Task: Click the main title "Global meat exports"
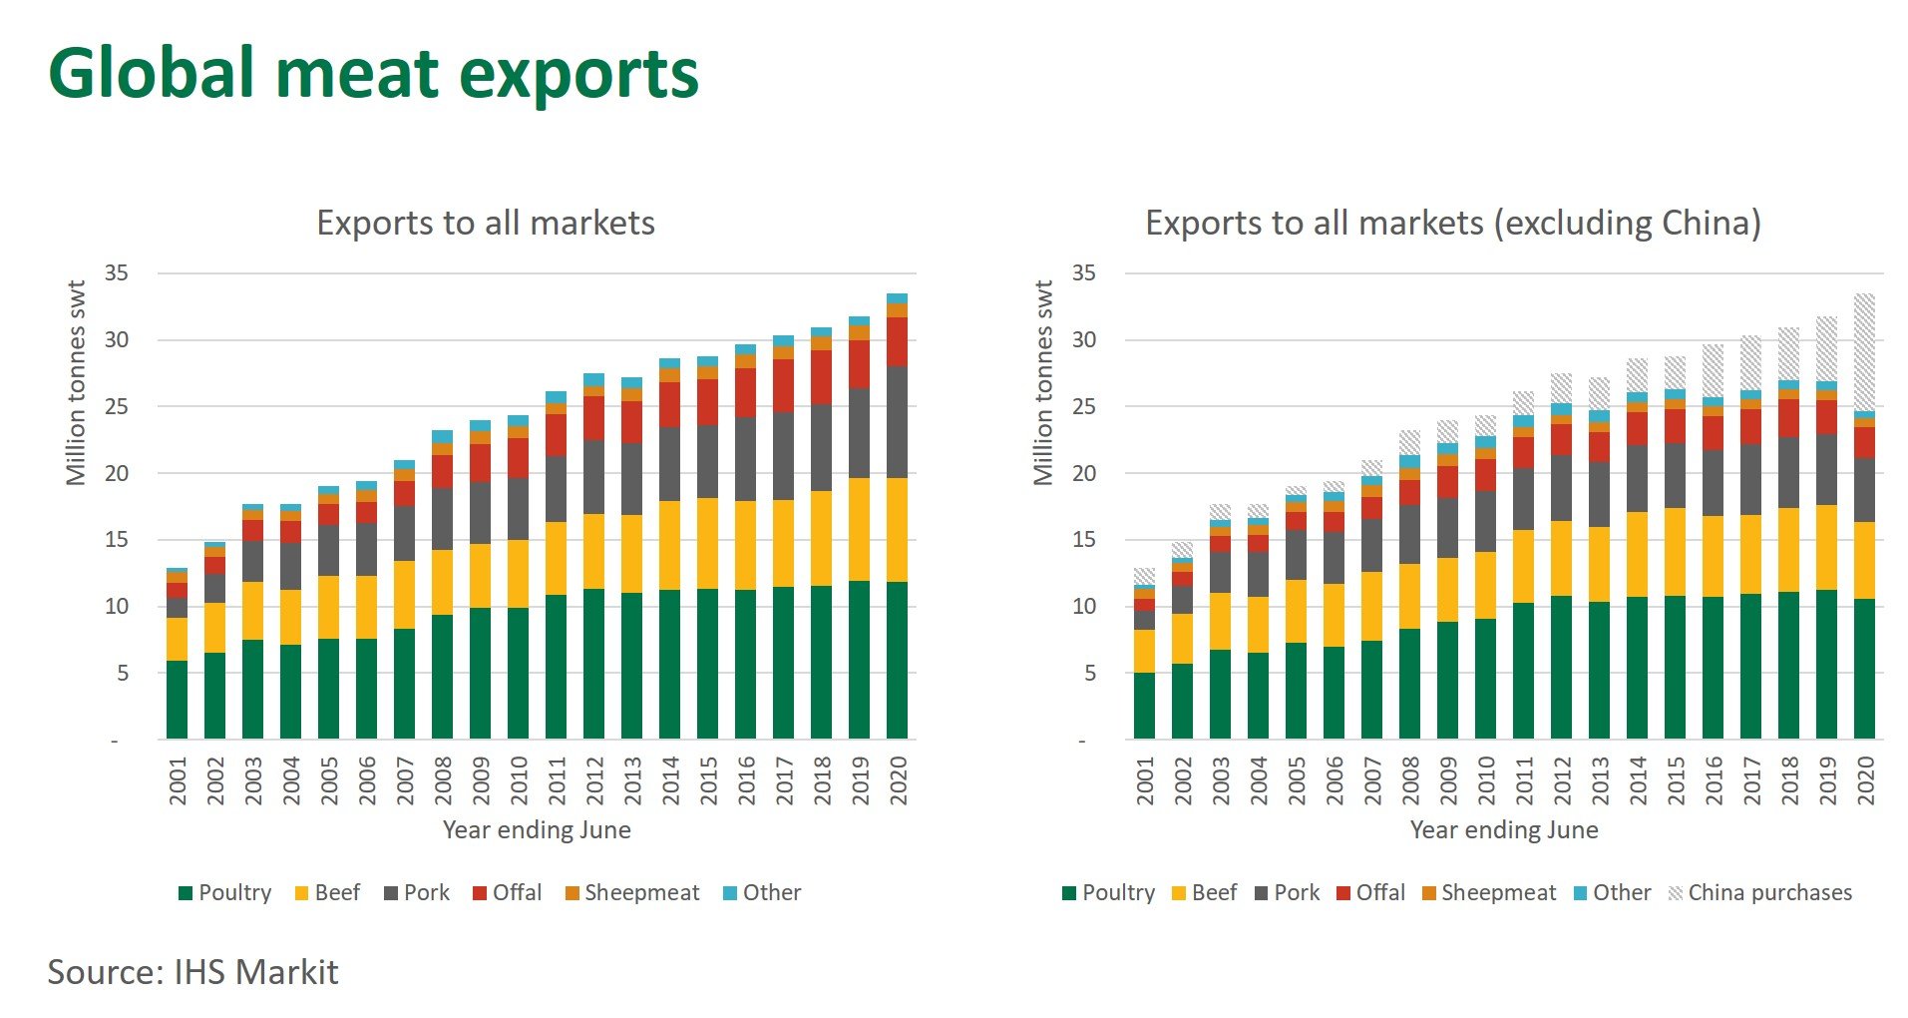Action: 373,74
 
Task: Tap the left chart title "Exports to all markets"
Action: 486,223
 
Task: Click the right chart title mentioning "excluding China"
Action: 1452,223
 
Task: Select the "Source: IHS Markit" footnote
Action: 192,972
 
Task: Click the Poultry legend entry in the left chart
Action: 225,892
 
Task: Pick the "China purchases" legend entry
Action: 1760,892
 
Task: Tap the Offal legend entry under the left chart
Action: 508,892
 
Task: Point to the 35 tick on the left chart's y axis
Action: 117,273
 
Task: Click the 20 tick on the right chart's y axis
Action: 1083,473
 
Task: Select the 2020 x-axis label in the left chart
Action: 898,780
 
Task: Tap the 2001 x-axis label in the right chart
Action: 1145,780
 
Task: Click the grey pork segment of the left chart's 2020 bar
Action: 897,422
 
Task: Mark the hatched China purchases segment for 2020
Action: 1864,351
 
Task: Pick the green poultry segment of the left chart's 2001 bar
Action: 178,699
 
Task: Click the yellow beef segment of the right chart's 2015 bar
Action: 1676,552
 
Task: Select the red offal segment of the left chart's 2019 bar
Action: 859,364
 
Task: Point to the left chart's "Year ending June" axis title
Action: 537,830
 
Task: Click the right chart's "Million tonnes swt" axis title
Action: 1043,383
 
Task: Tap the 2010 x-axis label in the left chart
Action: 519,780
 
